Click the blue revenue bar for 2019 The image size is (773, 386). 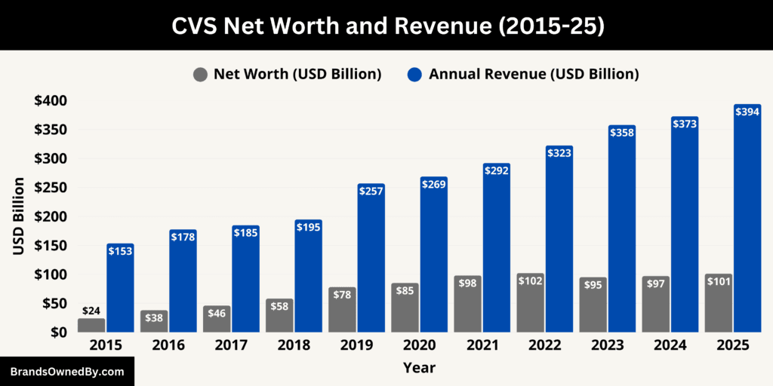[x=371, y=264]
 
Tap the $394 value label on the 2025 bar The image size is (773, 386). [x=747, y=112]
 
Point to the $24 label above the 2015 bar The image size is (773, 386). [x=91, y=310]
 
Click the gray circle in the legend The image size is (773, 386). [x=200, y=74]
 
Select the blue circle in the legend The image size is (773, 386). [x=414, y=74]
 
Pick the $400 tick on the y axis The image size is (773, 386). [x=51, y=101]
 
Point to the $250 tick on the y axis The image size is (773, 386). [x=51, y=188]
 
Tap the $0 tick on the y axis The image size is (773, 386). [x=58, y=332]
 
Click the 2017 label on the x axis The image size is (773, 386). [x=230, y=345]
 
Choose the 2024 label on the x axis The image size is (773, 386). [x=670, y=345]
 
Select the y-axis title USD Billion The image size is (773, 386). [x=19, y=216]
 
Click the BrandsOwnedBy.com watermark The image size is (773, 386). [x=67, y=372]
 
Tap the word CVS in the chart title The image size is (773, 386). [x=196, y=26]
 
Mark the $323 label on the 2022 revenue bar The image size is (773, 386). [x=559, y=153]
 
